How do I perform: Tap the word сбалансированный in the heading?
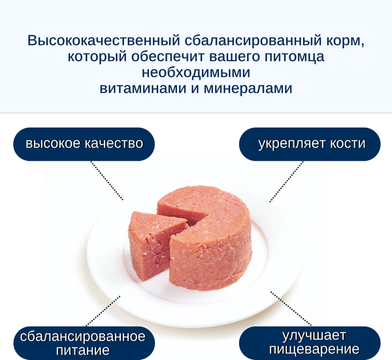coord(247,41)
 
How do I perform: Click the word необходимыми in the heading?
coord(196,73)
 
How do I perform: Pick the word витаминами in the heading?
coord(142,88)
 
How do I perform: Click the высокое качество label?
coord(84,144)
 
